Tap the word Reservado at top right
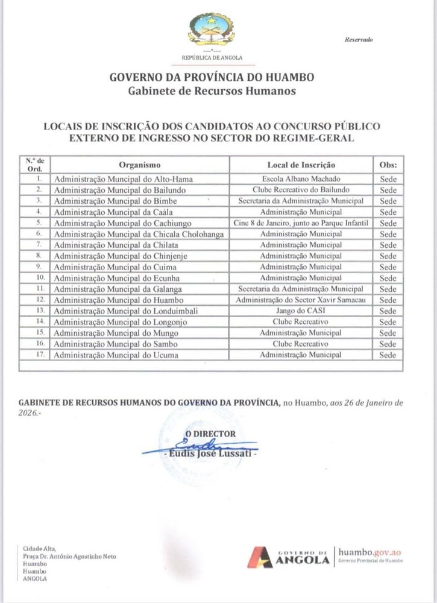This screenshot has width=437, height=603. (359, 40)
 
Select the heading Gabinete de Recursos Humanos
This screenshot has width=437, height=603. (212, 91)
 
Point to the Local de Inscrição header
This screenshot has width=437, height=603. (301, 165)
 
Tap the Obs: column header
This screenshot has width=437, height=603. (388, 165)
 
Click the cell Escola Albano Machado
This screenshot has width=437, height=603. (301, 179)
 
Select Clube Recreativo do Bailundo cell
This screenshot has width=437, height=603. (301, 190)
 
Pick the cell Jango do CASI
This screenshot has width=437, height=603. (301, 311)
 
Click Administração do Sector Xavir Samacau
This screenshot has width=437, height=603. (301, 300)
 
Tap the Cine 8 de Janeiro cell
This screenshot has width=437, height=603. (301, 223)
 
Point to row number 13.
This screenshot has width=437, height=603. (39, 311)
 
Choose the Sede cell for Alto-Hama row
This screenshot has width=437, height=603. (388, 179)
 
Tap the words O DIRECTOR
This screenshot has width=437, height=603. (210, 434)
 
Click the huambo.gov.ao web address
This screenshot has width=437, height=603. (369, 551)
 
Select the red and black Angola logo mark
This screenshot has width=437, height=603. (262, 557)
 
